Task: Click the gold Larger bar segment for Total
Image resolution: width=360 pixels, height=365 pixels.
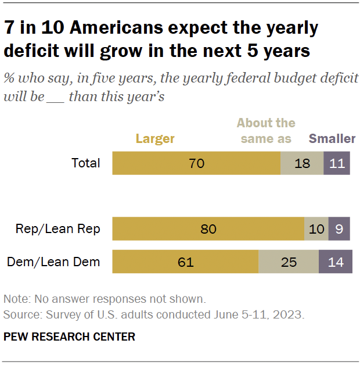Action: (196, 163)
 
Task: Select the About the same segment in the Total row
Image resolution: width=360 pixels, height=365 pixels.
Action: (302, 163)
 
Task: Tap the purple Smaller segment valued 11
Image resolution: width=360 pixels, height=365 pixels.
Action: (337, 163)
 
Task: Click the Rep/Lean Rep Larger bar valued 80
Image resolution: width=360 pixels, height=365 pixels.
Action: (208, 229)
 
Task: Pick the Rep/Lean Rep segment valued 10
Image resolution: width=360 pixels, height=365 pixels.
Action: (316, 229)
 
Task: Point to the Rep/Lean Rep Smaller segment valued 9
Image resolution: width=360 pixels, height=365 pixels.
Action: (339, 229)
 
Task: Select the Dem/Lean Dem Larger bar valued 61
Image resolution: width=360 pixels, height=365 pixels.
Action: (185, 262)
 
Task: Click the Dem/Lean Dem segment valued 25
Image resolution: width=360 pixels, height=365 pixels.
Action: (289, 262)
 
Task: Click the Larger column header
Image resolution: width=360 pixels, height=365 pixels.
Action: (155, 138)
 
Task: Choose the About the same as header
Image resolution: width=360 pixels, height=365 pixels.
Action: (265, 131)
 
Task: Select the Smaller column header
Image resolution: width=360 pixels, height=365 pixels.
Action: (332, 138)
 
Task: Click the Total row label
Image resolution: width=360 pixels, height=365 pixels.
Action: (86, 163)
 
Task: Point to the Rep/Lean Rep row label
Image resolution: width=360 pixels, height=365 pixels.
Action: (57, 229)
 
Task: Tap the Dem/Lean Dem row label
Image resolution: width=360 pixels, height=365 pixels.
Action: (53, 262)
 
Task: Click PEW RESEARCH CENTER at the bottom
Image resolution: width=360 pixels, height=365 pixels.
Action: (69, 337)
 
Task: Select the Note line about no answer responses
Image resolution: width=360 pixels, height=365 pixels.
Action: (105, 299)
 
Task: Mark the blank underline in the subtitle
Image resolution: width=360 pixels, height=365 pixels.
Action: (56, 96)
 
